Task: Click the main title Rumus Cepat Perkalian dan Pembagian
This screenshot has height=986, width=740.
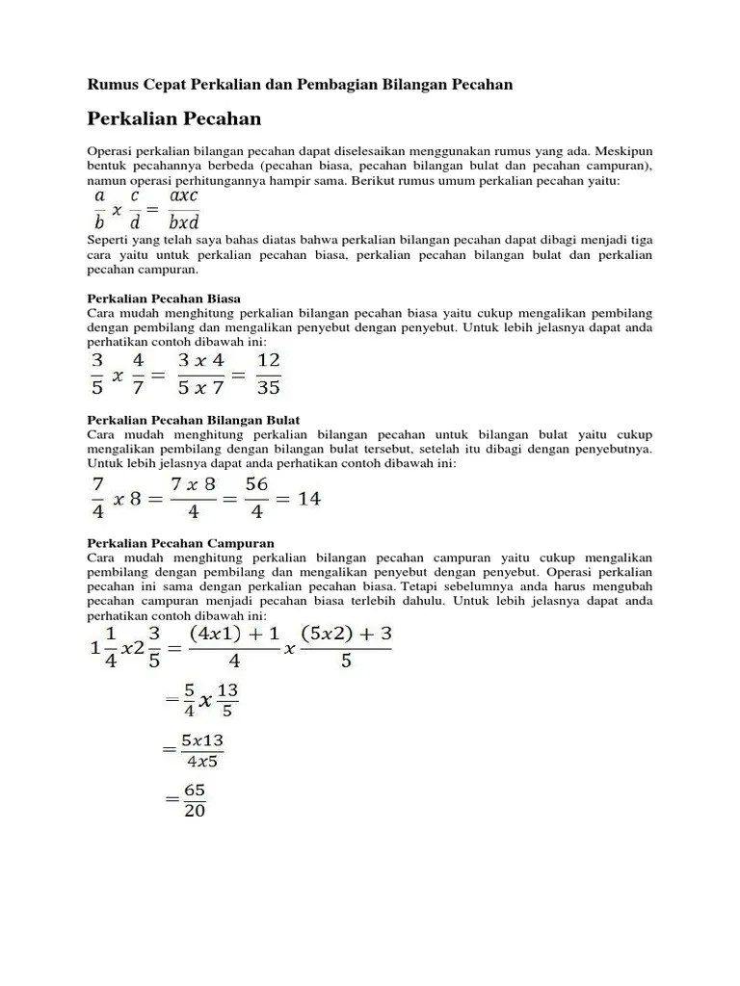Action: click(x=300, y=85)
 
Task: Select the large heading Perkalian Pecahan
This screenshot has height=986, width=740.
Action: click(x=174, y=118)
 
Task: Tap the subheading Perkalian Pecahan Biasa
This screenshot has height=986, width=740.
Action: click(x=164, y=298)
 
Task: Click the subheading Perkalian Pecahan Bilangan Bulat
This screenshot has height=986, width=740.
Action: click(x=194, y=420)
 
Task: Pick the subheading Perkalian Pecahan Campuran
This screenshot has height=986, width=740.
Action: click(x=180, y=543)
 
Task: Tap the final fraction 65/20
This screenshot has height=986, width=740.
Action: click(x=193, y=799)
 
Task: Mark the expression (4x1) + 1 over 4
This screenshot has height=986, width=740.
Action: click(x=234, y=647)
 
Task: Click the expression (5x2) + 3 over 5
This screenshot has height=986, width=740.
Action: click(x=345, y=647)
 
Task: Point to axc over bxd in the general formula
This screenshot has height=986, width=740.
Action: click(x=183, y=210)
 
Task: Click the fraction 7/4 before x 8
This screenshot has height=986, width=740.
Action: click(x=97, y=498)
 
